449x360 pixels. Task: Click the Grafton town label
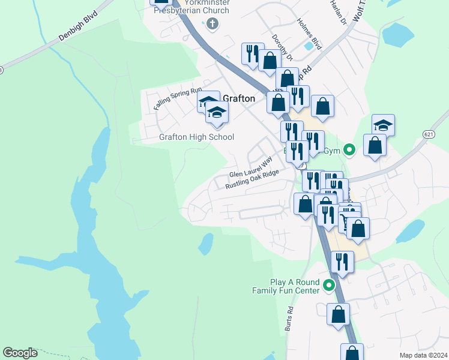(239, 98)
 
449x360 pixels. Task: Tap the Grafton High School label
(196, 137)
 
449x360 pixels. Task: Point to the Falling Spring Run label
(178, 98)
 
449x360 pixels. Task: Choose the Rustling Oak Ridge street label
(252, 179)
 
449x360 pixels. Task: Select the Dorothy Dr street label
(282, 47)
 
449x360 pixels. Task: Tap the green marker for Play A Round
(328, 286)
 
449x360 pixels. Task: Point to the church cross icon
(212, 25)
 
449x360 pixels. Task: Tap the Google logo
(20, 353)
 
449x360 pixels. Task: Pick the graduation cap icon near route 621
(383, 125)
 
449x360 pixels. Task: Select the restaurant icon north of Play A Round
(342, 262)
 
